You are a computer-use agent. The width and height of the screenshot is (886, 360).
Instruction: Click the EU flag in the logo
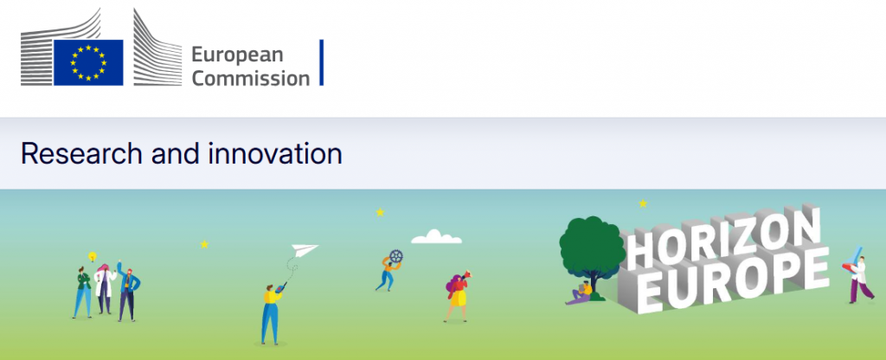click(x=88, y=62)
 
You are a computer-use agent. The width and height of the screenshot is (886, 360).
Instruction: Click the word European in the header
click(x=237, y=55)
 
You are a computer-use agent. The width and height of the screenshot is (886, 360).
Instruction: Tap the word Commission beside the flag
click(x=251, y=78)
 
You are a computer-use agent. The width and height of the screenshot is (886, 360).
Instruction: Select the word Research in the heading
click(x=81, y=154)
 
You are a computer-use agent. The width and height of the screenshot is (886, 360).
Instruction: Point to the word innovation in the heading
click(x=274, y=154)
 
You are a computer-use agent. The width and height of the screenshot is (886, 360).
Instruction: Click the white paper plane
click(x=304, y=250)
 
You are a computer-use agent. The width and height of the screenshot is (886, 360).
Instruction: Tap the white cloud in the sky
click(x=436, y=237)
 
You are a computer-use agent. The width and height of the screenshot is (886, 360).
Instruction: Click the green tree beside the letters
click(x=592, y=248)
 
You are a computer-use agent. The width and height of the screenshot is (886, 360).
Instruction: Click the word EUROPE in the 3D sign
click(x=735, y=281)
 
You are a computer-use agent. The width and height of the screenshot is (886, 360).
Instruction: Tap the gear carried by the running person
click(x=396, y=256)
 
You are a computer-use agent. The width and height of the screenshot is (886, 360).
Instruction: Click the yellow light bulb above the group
click(x=93, y=257)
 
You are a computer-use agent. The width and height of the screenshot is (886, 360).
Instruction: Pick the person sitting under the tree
click(x=581, y=293)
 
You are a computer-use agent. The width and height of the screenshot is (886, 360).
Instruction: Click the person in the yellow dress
click(x=457, y=297)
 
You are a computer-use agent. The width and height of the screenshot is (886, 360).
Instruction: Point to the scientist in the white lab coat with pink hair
click(x=105, y=289)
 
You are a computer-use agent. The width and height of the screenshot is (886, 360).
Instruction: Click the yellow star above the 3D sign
click(x=643, y=203)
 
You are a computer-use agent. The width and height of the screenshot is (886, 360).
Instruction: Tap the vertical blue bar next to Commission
click(x=322, y=62)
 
